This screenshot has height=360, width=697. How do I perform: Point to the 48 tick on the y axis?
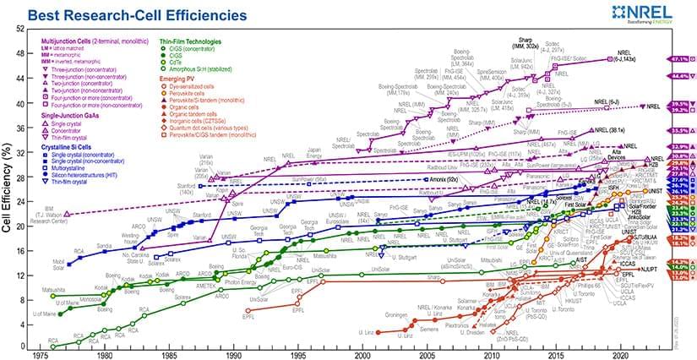(19, 53)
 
